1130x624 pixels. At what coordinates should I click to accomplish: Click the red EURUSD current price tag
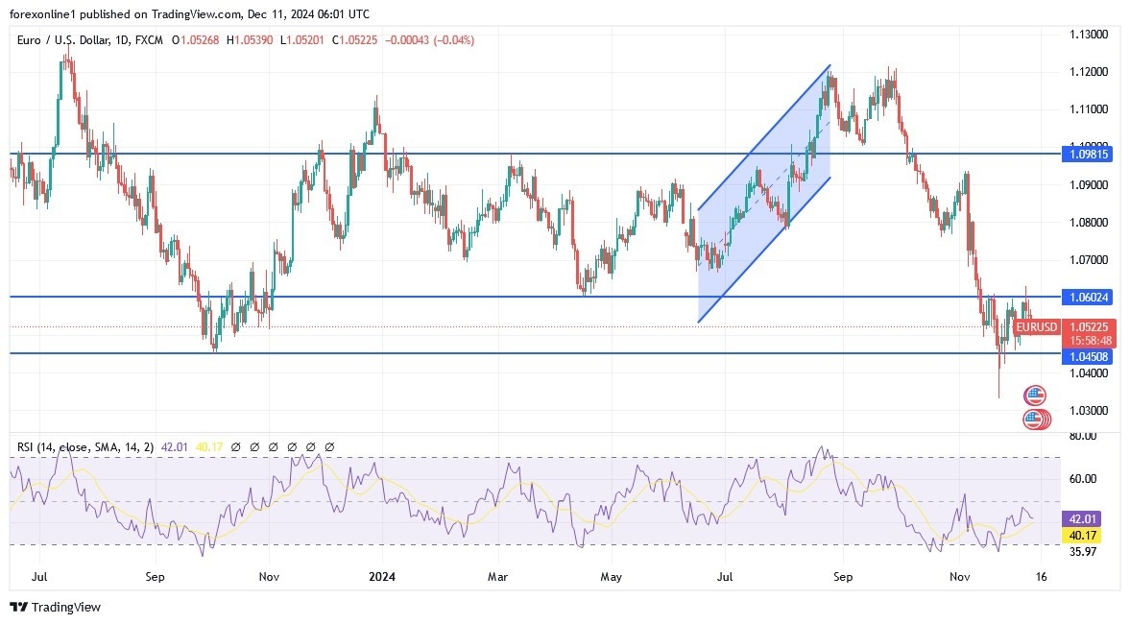[1036, 327]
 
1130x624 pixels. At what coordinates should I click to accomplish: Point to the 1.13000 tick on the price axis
[1090, 35]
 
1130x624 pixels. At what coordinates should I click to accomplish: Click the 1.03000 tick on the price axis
[1090, 411]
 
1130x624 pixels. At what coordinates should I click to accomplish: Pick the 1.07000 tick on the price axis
[1090, 260]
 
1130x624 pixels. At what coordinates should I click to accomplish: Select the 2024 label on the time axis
[381, 577]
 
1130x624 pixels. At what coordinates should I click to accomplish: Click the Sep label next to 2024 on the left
[155, 577]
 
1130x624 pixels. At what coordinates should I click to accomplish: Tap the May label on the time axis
[612, 577]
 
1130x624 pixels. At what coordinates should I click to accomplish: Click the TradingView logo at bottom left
[55, 607]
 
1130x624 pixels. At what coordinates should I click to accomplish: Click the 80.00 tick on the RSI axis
[1083, 436]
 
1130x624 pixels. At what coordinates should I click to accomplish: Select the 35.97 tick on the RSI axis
[1083, 552]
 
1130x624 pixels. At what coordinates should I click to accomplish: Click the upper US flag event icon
[1034, 395]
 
